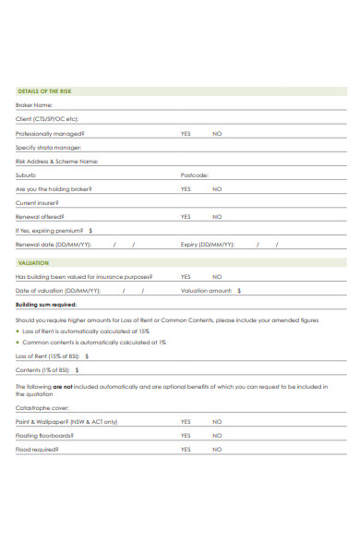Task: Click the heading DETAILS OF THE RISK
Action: [x=44, y=91]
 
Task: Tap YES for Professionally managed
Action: [x=186, y=133]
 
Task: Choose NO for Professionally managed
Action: [x=217, y=133]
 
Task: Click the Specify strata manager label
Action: [x=48, y=147]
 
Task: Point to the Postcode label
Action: [x=195, y=175]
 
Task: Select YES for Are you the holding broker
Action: [x=186, y=188]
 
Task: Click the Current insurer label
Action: [x=37, y=202]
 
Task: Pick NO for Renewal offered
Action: [x=217, y=216]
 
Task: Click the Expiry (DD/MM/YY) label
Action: [x=208, y=245]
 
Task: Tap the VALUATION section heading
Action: [x=33, y=262]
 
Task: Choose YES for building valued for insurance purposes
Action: [x=186, y=276]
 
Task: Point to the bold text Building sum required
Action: [x=47, y=304]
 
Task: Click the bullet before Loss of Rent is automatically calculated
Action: [x=18, y=331]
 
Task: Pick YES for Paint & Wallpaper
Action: [x=186, y=421]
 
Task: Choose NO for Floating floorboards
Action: [x=217, y=435]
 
